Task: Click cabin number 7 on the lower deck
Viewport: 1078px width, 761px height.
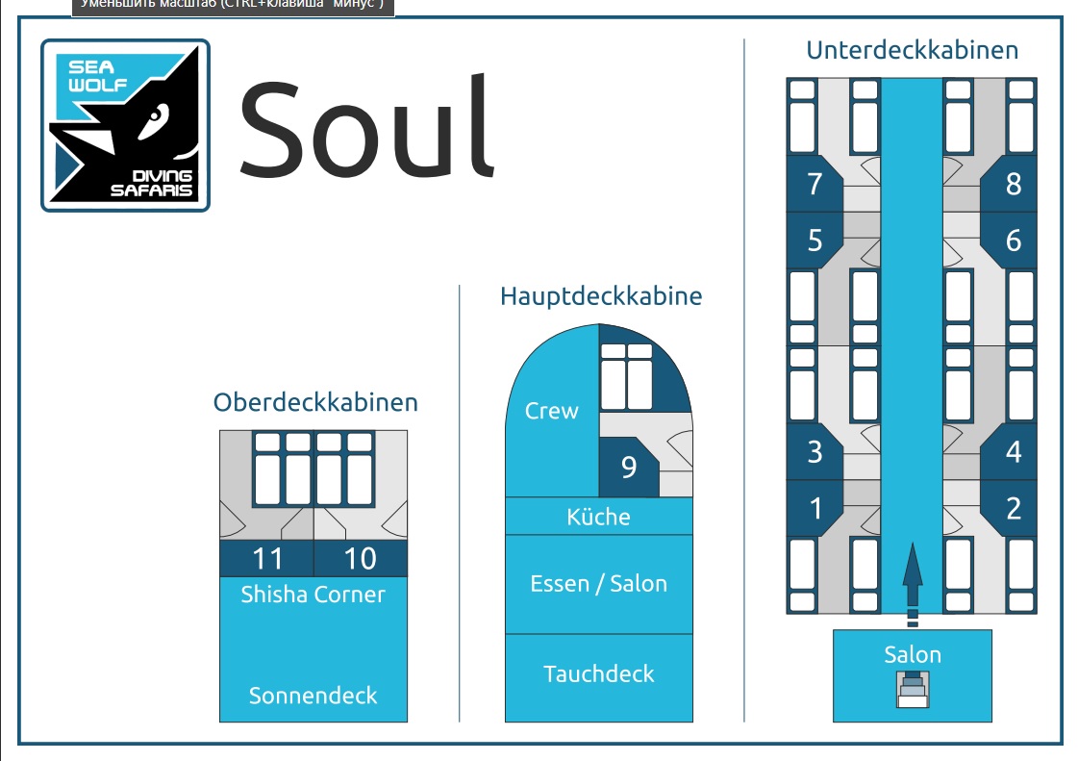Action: [815, 183]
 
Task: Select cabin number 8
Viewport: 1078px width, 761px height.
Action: [1013, 183]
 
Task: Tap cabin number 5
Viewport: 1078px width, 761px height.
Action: [815, 240]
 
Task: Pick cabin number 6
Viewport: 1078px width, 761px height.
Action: [1013, 240]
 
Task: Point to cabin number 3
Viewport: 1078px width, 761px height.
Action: [815, 451]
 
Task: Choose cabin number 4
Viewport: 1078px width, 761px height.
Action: [1013, 451]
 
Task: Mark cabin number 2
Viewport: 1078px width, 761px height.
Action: [1013, 508]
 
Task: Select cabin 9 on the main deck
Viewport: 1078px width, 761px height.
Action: [628, 467]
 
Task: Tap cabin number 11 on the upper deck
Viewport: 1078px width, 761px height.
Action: [266, 559]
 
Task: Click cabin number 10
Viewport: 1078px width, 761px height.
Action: [360, 559]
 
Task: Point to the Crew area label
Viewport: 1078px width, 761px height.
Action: [552, 411]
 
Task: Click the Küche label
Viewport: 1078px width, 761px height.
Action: [598, 517]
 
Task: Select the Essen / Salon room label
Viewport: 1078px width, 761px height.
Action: [598, 583]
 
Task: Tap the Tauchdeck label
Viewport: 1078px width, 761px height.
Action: [598, 673]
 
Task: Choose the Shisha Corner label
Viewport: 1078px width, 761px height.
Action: [313, 594]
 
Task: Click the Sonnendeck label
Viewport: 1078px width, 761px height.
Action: [313, 695]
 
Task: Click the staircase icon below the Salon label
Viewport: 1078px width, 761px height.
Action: [913, 690]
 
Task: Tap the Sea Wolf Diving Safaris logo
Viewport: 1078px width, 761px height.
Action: [125, 125]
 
